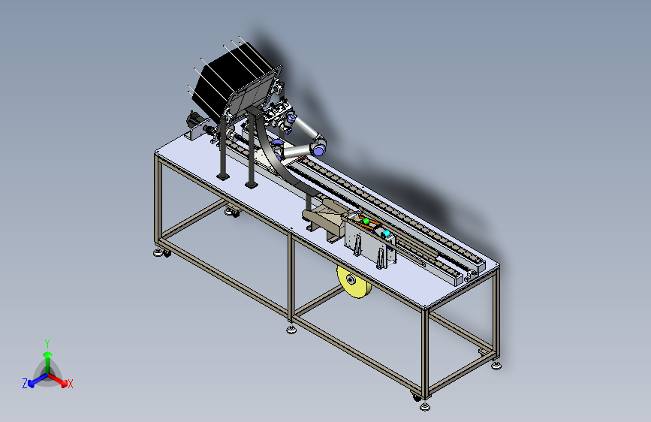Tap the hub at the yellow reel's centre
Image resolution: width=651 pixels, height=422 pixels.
click(x=351, y=280)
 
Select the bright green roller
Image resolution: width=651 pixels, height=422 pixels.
click(x=366, y=222)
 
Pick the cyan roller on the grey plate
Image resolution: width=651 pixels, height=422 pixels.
click(x=386, y=234)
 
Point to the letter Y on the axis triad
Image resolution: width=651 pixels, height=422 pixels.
click(x=47, y=344)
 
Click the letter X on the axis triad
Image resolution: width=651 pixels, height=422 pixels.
click(x=70, y=384)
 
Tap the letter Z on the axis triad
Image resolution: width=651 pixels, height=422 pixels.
click(x=25, y=384)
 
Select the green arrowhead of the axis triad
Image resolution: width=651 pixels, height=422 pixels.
click(x=48, y=354)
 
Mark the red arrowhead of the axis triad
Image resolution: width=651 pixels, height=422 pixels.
click(x=64, y=382)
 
